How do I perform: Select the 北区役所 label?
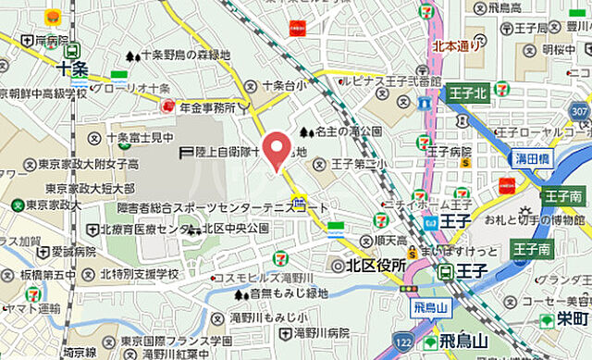click(376, 266)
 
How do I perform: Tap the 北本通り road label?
click(456, 43)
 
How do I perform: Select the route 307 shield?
click(579, 112)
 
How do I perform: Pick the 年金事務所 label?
click(208, 108)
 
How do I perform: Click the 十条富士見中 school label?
click(140, 138)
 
